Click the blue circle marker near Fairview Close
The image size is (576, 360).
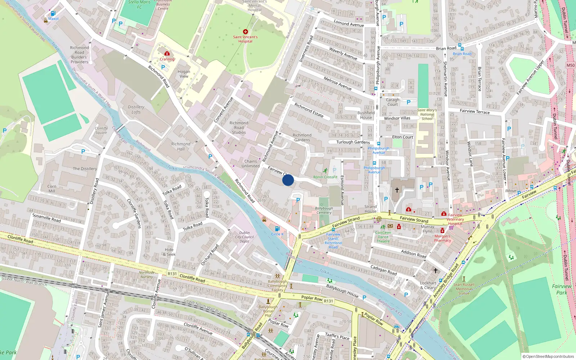pos(288,180)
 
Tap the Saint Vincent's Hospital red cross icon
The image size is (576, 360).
pos(246,32)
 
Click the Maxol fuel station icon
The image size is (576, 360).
pos(53,14)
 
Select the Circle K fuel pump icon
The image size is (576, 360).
pos(277,229)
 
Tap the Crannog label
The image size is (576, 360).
pos(167,59)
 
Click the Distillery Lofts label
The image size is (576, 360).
pos(136,109)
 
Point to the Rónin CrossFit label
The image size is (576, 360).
pos(325,177)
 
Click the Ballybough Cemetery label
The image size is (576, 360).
pos(324,210)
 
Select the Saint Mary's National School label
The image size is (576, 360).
pos(427,114)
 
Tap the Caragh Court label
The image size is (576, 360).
pos(393,102)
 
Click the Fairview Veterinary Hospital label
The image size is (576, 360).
pos(455,219)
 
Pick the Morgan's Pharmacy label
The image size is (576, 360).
pos(442,238)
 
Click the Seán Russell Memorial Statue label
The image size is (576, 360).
pos(464,289)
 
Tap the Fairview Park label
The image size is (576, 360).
pos(562,289)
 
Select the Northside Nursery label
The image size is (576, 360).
pos(147,275)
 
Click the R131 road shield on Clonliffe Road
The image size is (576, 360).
pos(172,274)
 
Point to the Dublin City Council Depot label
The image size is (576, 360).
pos(244,237)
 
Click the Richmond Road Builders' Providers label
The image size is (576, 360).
pos(80,55)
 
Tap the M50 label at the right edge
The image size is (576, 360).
pos(571,65)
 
